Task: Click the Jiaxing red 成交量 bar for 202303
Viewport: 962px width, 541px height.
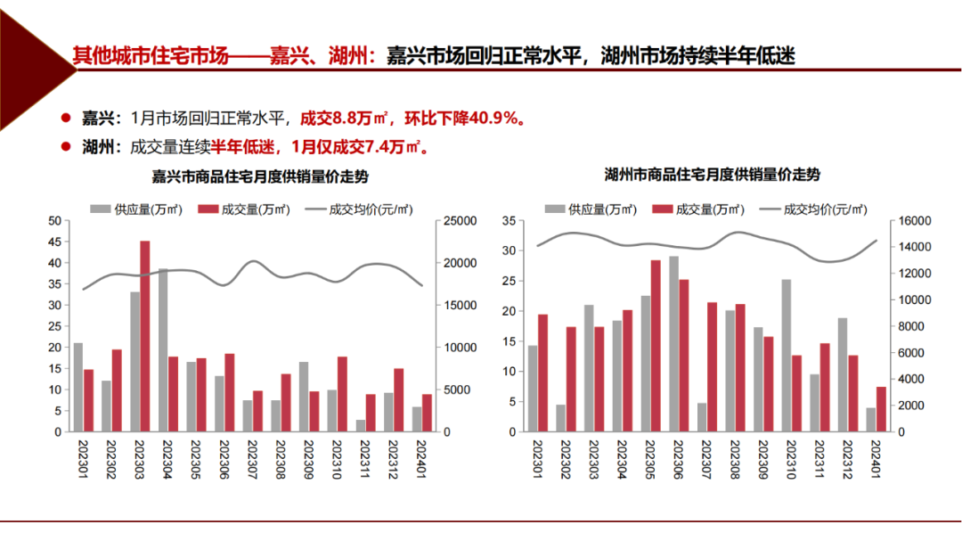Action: [144, 336]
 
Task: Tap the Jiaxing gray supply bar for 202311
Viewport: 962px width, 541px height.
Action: [361, 426]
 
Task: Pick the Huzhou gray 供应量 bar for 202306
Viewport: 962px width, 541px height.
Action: [673, 344]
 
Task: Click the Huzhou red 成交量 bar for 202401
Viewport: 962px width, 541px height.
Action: [881, 409]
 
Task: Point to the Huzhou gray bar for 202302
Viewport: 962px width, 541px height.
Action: [560, 418]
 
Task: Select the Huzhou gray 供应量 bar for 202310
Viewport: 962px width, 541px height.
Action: [787, 356]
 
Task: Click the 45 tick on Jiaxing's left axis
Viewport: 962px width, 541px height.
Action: [54, 242]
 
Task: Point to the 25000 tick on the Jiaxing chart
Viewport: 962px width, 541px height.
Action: [461, 221]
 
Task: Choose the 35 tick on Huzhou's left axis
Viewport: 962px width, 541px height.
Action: [508, 221]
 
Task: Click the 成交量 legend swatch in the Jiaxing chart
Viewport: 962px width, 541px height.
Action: [208, 209]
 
